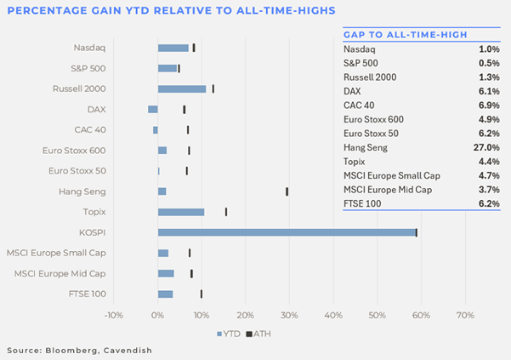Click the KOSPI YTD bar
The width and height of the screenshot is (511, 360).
tap(287, 232)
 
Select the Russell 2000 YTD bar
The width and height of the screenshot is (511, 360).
tap(182, 89)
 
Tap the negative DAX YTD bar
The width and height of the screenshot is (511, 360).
tap(153, 109)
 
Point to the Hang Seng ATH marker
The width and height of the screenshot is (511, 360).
tap(287, 191)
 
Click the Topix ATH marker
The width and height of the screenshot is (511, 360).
tap(226, 212)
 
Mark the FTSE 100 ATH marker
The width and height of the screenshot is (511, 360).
tap(202, 294)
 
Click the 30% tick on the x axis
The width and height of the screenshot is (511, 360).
tap(289, 316)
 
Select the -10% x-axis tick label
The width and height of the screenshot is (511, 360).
tap(114, 316)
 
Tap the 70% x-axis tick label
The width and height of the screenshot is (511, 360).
tap(465, 316)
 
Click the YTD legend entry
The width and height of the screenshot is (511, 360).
tap(229, 334)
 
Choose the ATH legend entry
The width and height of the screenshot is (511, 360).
tap(258, 334)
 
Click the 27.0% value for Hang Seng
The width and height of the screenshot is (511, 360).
tap(486, 147)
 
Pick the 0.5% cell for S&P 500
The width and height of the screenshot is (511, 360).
tap(489, 63)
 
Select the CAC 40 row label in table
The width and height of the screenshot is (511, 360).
tap(359, 106)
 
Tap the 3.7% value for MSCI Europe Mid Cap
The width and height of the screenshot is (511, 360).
tap(489, 190)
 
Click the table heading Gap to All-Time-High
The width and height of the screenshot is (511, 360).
tap(406, 35)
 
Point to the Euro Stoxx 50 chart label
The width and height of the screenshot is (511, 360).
tap(77, 171)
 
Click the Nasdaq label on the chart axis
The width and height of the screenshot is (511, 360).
tap(89, 48)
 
